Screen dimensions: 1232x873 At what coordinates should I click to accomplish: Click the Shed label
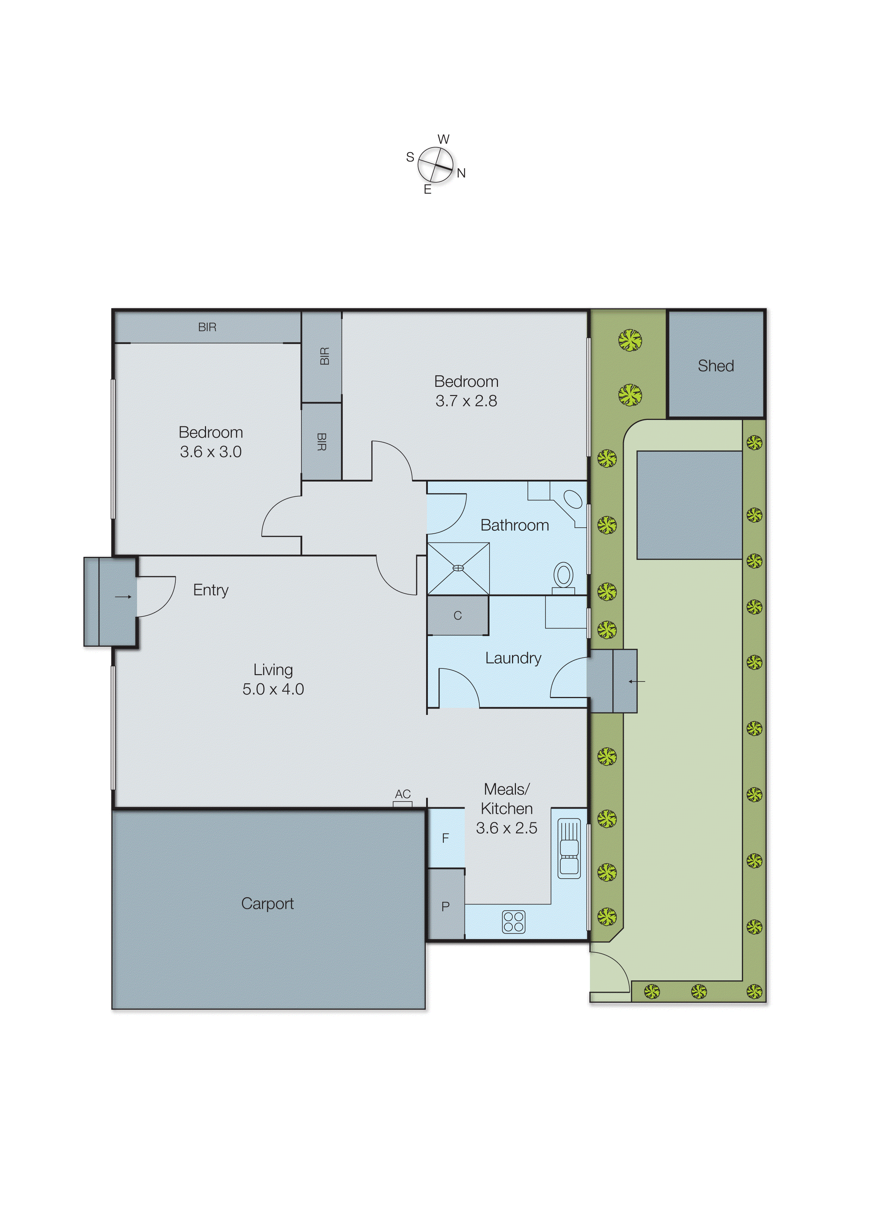[716, 366]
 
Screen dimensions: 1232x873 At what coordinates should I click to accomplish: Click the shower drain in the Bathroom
[458, 568]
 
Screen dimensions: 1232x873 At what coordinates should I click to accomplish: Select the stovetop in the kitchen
[513, 922]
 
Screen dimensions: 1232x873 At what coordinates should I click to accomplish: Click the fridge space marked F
[445, 838]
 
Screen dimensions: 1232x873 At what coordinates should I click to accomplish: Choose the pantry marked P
[445, 906]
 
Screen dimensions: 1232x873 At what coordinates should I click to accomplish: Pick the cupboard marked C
[457, 616]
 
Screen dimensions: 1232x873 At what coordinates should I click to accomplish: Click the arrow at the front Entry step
[123, 596]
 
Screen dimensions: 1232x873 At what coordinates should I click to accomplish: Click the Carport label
[267, 904]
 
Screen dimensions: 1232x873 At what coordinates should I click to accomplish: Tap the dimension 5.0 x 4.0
[273, 689]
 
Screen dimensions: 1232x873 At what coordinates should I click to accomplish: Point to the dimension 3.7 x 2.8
[466, 401]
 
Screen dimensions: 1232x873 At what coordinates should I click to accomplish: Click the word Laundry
[513, 658]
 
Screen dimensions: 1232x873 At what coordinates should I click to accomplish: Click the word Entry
[211, 590]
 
